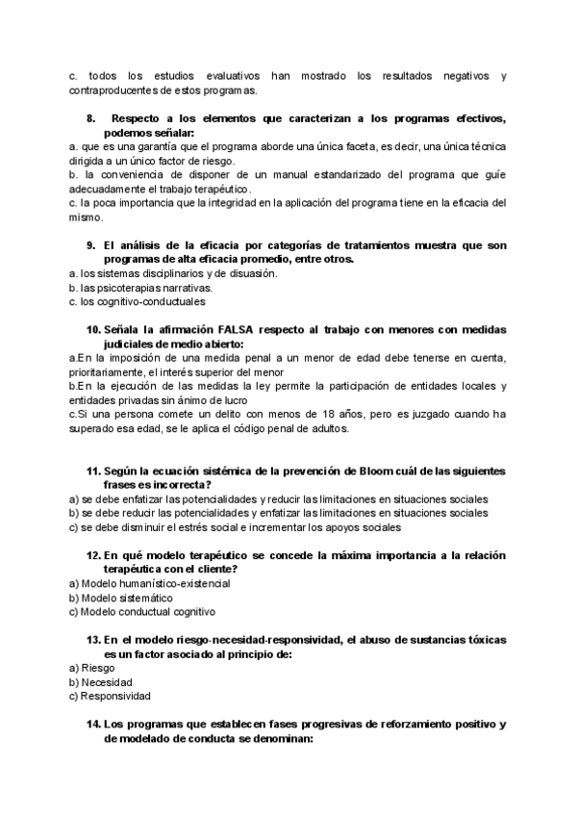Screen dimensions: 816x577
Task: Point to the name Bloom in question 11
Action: point(364,472)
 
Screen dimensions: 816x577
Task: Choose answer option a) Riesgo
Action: point(92,667)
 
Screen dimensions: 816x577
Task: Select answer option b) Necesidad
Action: point(100,682)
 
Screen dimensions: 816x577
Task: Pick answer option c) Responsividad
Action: point(110,697)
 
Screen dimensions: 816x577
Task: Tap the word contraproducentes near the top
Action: point(107,91)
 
